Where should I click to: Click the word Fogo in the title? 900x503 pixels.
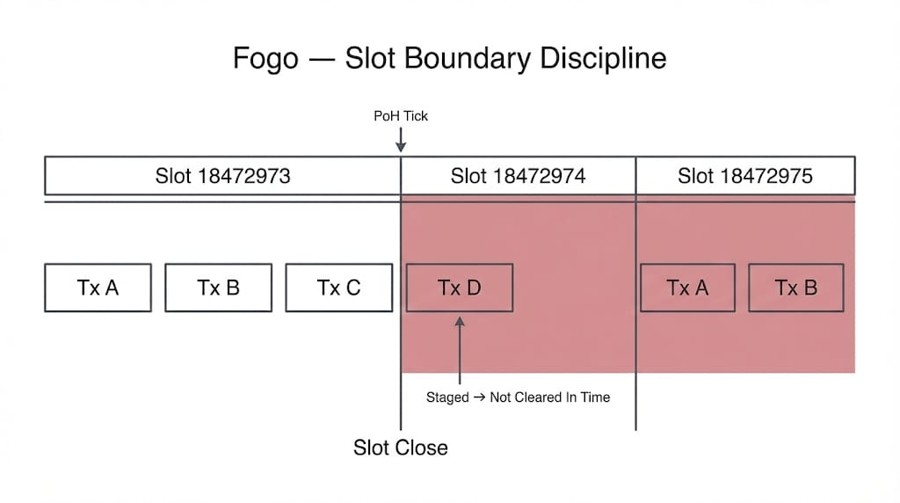pyautogui.click(x=265, y=58)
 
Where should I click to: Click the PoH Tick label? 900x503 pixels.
pyautogui.click(x=401, y=115)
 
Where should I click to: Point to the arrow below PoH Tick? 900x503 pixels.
pyautogui.click(x=401, y=140)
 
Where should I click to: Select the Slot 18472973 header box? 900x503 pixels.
pyautogui.click(x=222, y=176)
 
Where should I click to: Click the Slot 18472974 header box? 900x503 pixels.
pyautogui.click(x=518, y=176)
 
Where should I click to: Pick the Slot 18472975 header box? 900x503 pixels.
pyautogui.click(x=745, y=176)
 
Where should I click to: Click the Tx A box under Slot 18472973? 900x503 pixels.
pyautogui.click(x=98, y=288)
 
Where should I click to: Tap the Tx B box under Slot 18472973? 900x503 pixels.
pyautogui.click(x=218, y=288)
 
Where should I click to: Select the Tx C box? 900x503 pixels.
pyautogui.click(x=338, y=288)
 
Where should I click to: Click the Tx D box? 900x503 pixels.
pyautogui.click(x=460, y=288)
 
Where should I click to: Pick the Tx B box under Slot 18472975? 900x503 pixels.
pyautogui.click(x=796, y=288)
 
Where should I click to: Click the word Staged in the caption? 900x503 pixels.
pyautogui.click(x=447, y=397)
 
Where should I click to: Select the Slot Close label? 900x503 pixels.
pyautogui.click(x=400, y=448)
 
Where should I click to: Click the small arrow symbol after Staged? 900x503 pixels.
pyautogui.click(x=480, y=397)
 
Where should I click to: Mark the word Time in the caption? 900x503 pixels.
pyautogui.click(x=595, y=397)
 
